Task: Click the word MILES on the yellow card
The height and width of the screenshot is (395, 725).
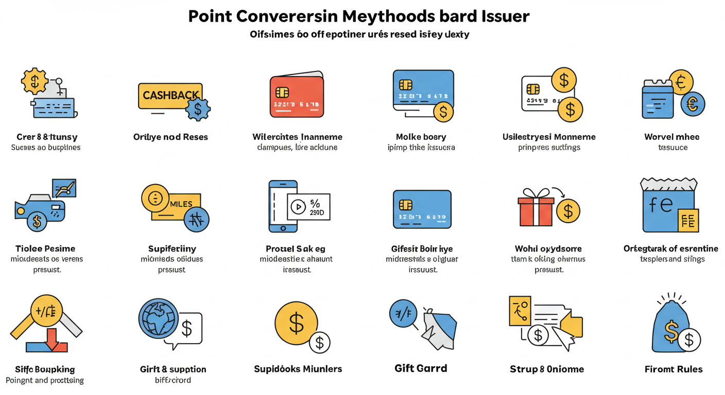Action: pos(181,204)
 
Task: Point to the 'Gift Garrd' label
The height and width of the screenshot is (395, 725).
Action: pos(420,368)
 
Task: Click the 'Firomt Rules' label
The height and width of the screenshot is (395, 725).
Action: pos(673,369)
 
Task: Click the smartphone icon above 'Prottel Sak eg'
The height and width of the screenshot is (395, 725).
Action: pos(282,206)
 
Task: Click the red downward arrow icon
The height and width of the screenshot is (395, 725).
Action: pos(53,340)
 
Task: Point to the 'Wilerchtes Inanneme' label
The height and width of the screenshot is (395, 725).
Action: pos(297,137)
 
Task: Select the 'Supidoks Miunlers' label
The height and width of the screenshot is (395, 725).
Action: pos(298,369)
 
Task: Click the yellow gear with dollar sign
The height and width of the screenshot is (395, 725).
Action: pos(34,81)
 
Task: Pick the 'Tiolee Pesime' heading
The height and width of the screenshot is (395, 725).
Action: pos(45,248)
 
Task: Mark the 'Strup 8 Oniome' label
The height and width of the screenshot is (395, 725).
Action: pos(547,369)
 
